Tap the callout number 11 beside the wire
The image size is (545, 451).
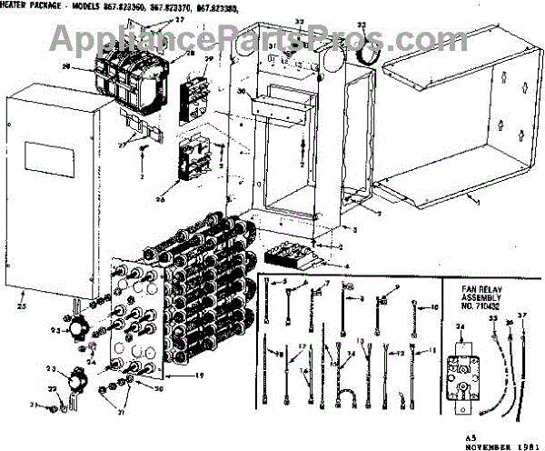431,350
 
